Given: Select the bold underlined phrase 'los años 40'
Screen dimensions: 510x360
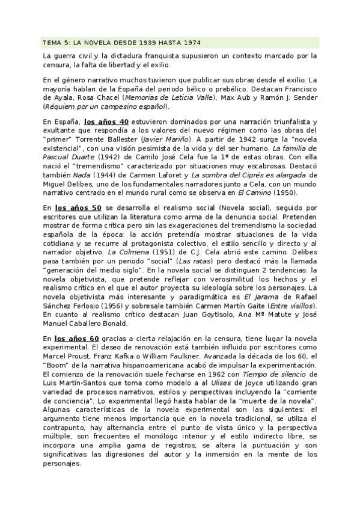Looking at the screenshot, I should coord(106,122).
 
